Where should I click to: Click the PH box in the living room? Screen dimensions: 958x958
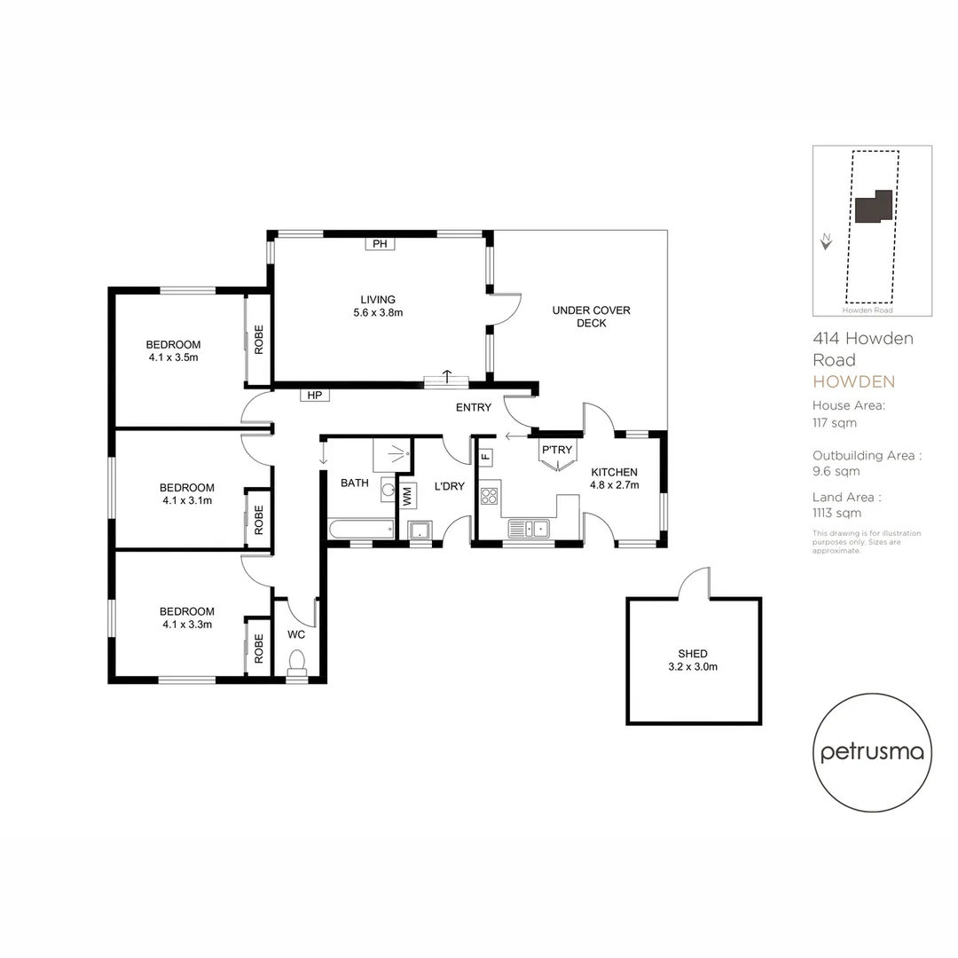click(x=380, y=244)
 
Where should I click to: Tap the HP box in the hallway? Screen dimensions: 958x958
click(x=314, y=395)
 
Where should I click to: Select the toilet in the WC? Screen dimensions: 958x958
click(x=297, y=661)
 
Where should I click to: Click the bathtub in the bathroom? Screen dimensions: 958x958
click(x=360, y=529)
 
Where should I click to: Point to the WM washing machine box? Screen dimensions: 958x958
click(x=407, y=496)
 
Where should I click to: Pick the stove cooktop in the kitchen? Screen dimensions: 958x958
click(x=490, y=496)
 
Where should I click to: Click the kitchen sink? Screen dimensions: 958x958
click(x=529, y=529)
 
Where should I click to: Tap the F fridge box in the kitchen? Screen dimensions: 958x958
click(x=485, y=458)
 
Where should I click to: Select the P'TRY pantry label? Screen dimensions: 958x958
click(x=557, y=450)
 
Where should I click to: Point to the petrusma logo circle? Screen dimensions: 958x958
click(x=873, y=752)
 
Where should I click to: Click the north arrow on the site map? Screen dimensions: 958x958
click(x=827, y=240)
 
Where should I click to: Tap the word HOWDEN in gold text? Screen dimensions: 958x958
click(x=853, y=382)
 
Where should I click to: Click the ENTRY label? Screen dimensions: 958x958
click(x=473, y=408)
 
